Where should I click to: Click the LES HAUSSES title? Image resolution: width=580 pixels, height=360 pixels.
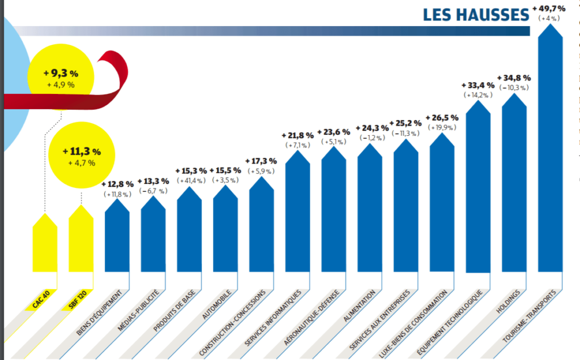[x=475, y=15]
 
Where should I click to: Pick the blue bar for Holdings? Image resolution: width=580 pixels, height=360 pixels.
[x=514, y=187]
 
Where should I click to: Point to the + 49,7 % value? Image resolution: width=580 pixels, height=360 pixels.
[x=549, y=8]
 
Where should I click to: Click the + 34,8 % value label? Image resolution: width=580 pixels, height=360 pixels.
[x=514, y=78]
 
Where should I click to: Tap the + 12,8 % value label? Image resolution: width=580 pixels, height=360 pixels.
[x=118, y=184]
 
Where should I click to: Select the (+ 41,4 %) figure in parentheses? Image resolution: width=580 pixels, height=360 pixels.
[x=190, y=181]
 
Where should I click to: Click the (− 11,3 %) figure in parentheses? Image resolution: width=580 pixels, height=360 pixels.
[x=406, y=133]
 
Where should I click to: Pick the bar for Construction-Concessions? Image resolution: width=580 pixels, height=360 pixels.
[x=261, y=224]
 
